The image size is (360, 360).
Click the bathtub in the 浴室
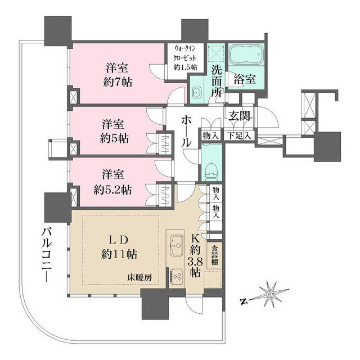click(x=246, y=55)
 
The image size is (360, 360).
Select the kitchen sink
click(x=176, y=245)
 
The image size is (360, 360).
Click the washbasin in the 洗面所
click(x=196, y=92)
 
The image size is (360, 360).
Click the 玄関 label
click(x=239, y=115)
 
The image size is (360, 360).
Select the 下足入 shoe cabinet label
click(x=239, y=136)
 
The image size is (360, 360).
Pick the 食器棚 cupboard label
click(x=214, y=255)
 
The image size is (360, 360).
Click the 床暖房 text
click(x=139, y=278)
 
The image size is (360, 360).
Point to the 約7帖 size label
click(x=118, y=82)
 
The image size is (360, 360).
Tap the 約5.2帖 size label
click(x=112, y=190)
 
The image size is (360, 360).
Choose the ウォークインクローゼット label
click(x=185, y=57)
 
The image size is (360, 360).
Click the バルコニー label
click(x=47, y=255)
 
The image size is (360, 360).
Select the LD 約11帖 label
click(x=119, y=247)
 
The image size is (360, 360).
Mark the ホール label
click(x=186, y=132)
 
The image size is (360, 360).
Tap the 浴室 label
click(x=244, y=79)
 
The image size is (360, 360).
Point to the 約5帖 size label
click(x=114, y=139)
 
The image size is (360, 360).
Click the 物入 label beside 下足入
click(x=210, y=136)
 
